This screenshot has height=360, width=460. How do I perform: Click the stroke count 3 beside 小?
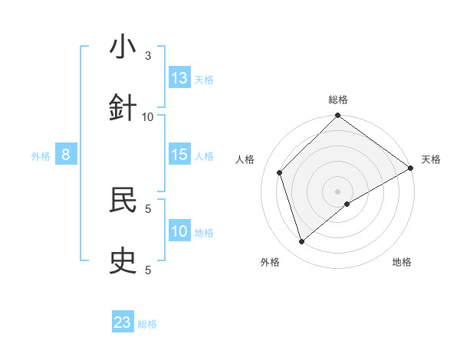[x=148, y=56]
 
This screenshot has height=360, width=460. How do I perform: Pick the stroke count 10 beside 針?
[x=148, y=116]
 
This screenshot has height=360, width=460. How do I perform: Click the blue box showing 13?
[x=179, y=78]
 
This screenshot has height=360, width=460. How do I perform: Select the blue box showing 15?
[x=179, y=155]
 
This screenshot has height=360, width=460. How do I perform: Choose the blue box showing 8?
[x=66, y=155]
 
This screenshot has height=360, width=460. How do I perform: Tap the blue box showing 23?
[x=123, y=322]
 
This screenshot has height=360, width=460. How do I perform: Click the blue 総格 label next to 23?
[x=147, y=324]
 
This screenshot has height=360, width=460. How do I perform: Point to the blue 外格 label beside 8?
[x=41, y=156]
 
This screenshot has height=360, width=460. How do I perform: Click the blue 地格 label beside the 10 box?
[x=204, y=233]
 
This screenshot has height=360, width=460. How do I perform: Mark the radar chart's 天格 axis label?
[x=431, y=159]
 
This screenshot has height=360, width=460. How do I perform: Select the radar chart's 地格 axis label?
[x=402, y=262]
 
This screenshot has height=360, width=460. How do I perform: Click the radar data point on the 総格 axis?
[x=338, y=116]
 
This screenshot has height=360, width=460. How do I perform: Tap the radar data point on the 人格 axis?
[x=280, y=172]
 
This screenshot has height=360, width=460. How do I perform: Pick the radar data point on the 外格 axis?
[x=302, y=242]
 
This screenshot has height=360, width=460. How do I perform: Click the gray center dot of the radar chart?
[x=338, y=191]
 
